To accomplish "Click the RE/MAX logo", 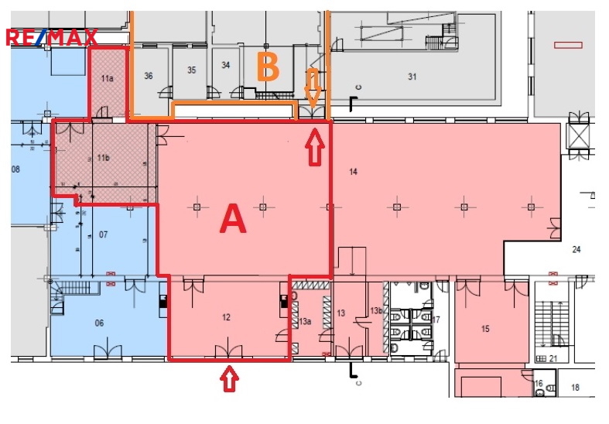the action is tap(52, 38).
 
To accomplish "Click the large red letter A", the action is tap(233, 219).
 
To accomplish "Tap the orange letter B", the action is tap(268, 67).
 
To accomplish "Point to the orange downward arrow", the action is tap(313, 88).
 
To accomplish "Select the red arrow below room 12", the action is tap(230, 378).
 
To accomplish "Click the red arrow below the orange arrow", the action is tap(314, 148).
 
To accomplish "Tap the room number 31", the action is tap(412, 77).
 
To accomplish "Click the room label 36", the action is tap(149, 76).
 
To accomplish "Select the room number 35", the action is tap(191, 70).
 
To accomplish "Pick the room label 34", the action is tap(226, 65).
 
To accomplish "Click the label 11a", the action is tap(108, 78).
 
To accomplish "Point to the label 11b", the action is tap(104, 158).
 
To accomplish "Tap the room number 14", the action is tap(353, 172).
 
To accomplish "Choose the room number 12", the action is tap(226, 317).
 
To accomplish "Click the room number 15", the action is tap(485, 329).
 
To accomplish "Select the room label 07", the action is tap(104, 234).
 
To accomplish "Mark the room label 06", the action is tap(99, 323).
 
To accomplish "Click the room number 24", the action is tap(576, 249).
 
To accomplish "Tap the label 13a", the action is tap(305, 322).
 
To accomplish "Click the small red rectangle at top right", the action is tap(568, 45).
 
